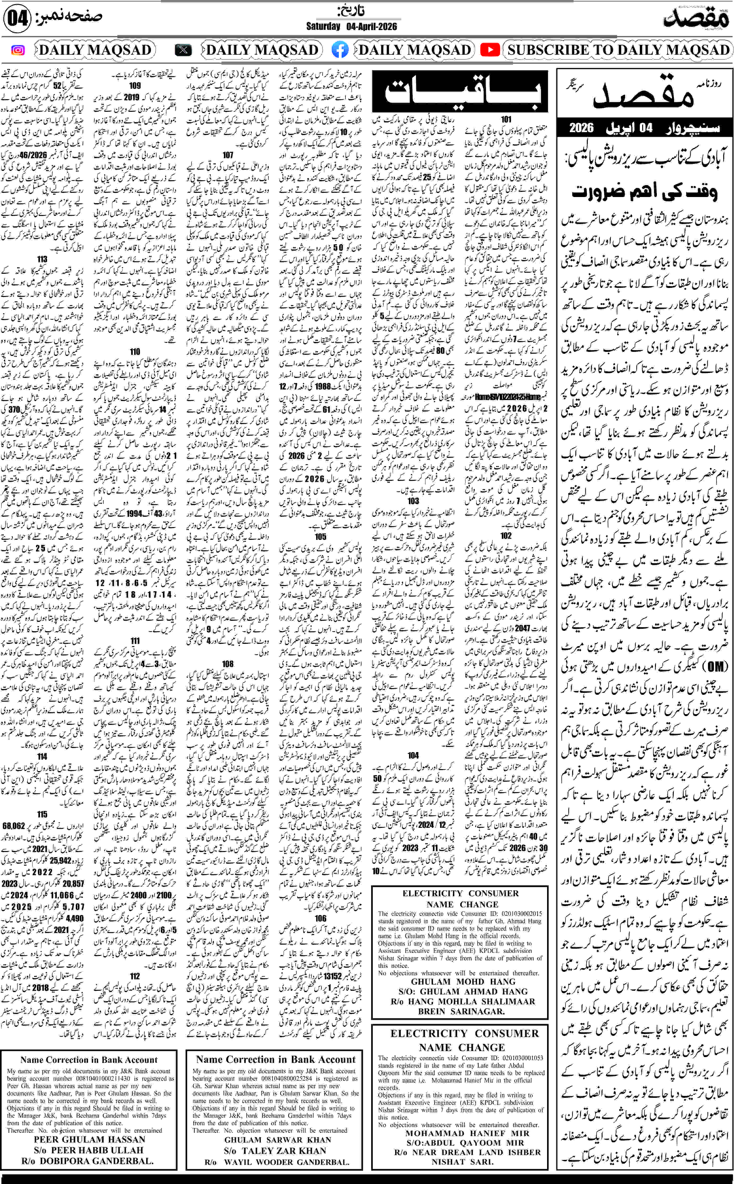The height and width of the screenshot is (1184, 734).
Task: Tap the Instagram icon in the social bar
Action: click(x=18, y=50)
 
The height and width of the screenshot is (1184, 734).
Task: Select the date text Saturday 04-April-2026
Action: click(x=351, y=26)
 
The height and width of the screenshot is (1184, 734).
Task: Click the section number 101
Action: click(x=506, y=119)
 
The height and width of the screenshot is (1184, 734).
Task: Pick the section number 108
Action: click(x=228, y=664)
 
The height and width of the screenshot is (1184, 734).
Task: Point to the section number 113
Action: click(x=42, y=260)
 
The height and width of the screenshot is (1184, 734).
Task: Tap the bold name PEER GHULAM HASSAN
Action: click(x=89, y=1139)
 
